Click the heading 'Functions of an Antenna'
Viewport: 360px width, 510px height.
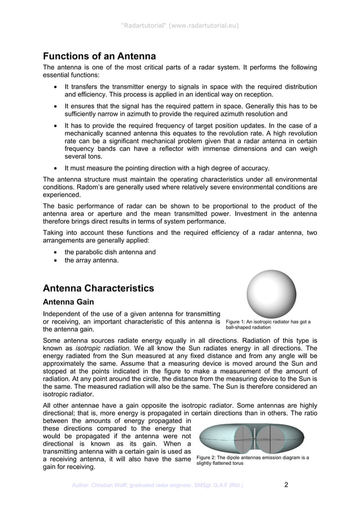click(x=99, y=56)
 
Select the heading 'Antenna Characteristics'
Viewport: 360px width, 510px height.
click(x=98, y=288)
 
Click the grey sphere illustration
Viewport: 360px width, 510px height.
click(x=271, y=294)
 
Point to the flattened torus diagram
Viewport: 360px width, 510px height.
click(x=252, y=438)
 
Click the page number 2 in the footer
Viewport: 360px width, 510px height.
click(x=286, y=485)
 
